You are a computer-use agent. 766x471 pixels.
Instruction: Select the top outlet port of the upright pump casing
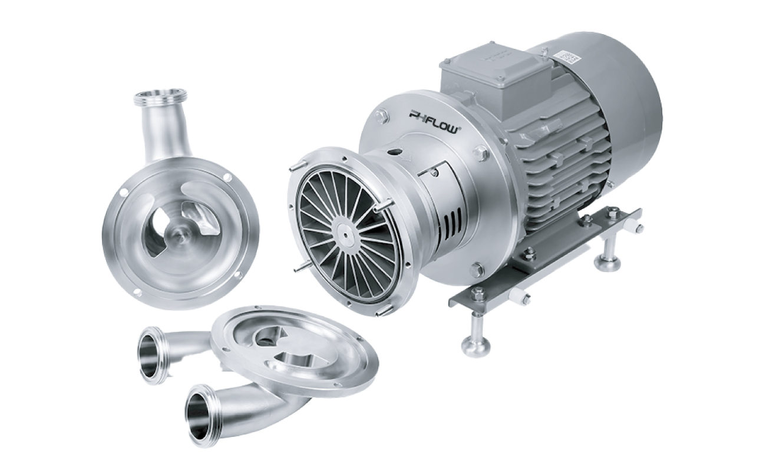pyautogui.click(x=160, y=97)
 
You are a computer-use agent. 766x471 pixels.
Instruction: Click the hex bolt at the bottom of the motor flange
pyautogui.click(x=476, y=270)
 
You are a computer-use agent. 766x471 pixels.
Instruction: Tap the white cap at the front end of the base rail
pyautogui.click(x=521, y=297)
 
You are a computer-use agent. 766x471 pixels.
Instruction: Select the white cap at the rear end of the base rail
pyautogui.click(x=638, y=227)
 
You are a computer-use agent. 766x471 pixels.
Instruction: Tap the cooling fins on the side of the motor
pyautogui.click(x=566, y=165)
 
